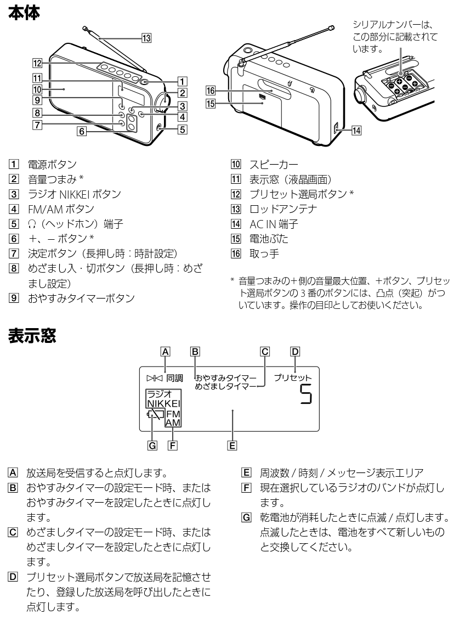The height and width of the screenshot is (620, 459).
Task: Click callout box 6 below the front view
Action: click(x=81, y=132)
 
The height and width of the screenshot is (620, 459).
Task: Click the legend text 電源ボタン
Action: click(x=52, y=164)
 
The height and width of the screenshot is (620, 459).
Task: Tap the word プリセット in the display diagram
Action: click(x=292, y=378)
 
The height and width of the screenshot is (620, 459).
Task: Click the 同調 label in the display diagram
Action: click(x=175, y=378)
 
